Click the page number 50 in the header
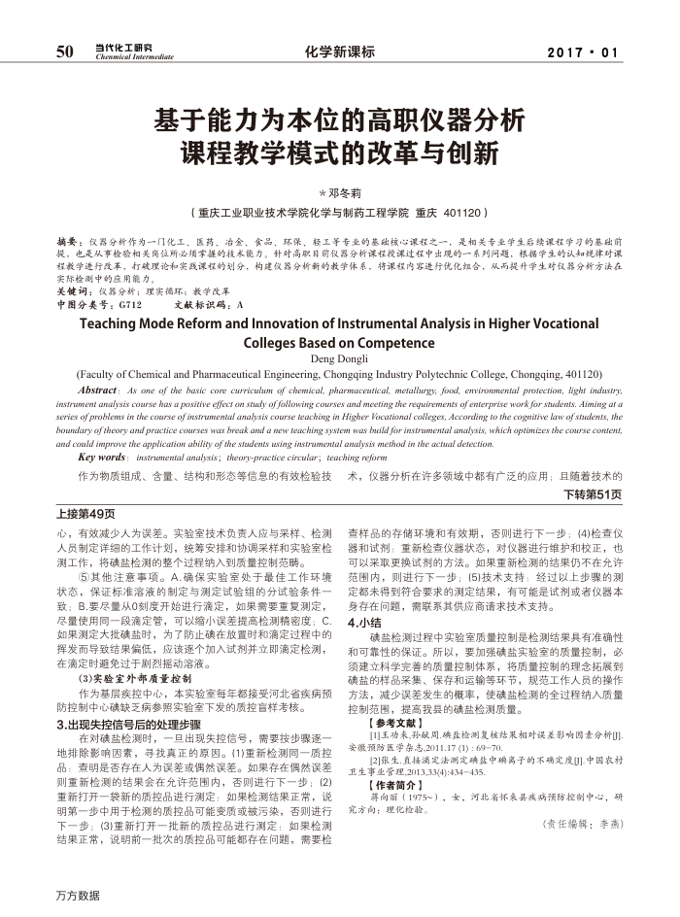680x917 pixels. point(65,51)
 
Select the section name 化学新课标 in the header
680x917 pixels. point(339,51)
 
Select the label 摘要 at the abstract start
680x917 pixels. point(69,239)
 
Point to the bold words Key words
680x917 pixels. point(101,456)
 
